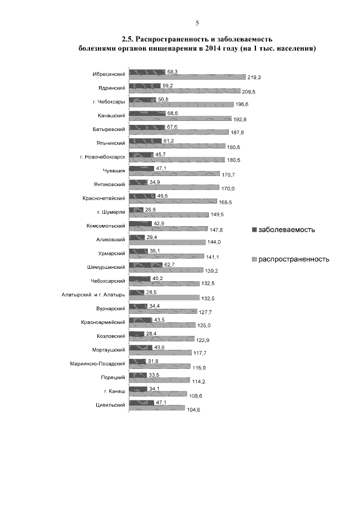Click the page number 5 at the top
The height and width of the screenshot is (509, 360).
[197, 23]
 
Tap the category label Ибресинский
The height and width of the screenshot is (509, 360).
[109, 74]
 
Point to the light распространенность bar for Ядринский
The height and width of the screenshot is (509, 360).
[185, 91]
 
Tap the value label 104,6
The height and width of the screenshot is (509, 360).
[194, 410]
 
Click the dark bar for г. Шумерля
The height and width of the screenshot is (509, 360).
[136, 210]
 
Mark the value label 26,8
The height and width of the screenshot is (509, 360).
[151, 209]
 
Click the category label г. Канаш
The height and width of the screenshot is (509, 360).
[114, 390]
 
